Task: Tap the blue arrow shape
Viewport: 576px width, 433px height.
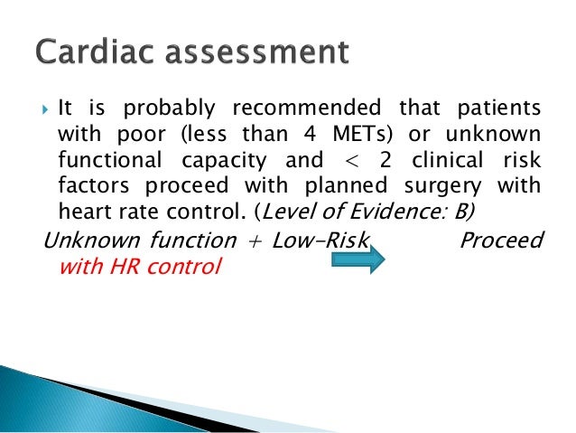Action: (359, 259)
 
